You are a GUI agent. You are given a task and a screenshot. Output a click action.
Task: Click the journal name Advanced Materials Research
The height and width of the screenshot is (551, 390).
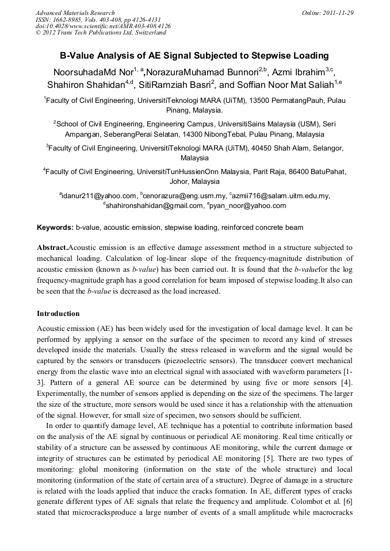point(75,13)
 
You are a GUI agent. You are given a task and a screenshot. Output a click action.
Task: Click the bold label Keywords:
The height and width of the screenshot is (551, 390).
point(55,227)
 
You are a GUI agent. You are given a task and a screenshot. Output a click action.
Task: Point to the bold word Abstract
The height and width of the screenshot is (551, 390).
point(52,248)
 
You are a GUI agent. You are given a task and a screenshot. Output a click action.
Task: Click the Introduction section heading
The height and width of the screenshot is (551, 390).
point(58,314)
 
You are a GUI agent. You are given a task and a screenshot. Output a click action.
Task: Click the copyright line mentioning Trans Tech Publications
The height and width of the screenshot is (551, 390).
point(101,33)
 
